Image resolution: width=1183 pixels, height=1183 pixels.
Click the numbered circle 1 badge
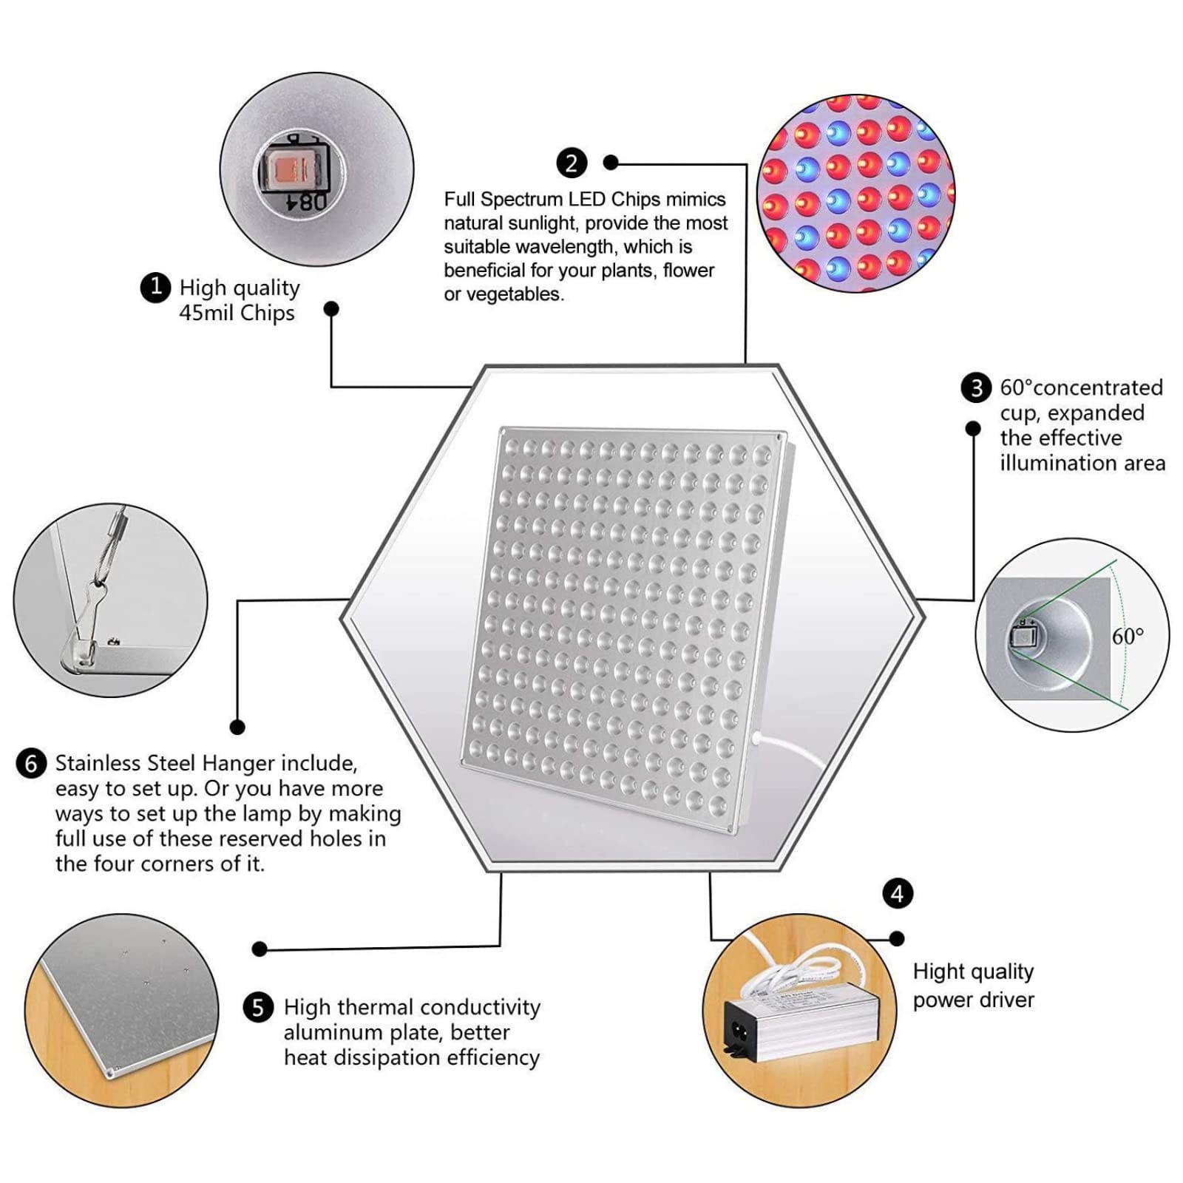pyautogui.click(x=155, y=287)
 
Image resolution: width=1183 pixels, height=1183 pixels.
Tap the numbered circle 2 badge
pyautogui.click(x=572, y=163)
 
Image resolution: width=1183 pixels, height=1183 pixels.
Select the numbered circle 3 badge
pyautogui.click(x=976, y=388)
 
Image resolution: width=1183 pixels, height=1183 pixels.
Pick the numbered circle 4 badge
pyautogui.click(x=898, y=894)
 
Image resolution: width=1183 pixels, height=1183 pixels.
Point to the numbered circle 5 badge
pyautogui.click(x=258, y=1008)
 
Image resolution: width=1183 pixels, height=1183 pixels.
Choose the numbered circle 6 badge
pyautogui.click(x=31, y=764)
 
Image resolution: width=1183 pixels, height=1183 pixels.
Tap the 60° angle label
pyautogui.click(x=1128, y=636)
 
